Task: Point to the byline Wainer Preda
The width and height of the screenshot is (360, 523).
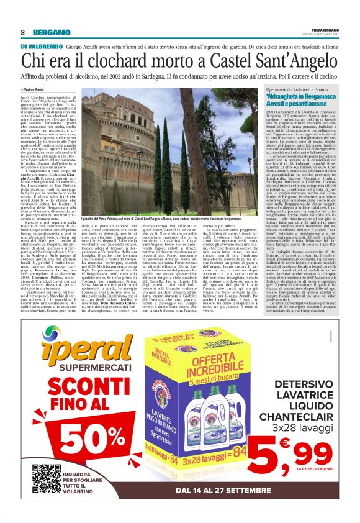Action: pyautogui.click(x=39, y=89)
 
